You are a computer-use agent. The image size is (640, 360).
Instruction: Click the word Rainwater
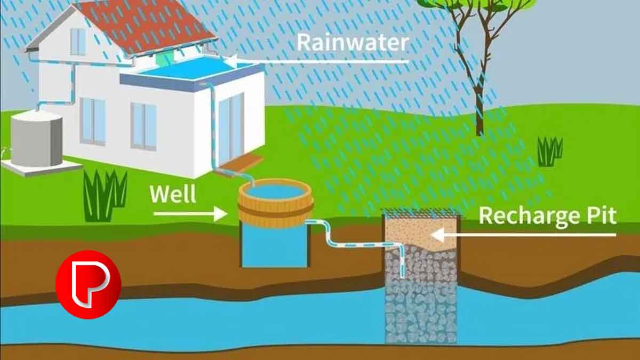click(x=353, y=43)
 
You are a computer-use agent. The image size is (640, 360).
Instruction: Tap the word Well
click(x=173, y=194)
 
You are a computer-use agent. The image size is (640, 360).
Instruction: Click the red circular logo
click(x=89, y=284)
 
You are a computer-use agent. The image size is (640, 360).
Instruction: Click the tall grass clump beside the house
click(x=105, y=195)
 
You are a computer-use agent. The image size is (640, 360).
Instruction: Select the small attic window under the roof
click(x=78, y=41)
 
